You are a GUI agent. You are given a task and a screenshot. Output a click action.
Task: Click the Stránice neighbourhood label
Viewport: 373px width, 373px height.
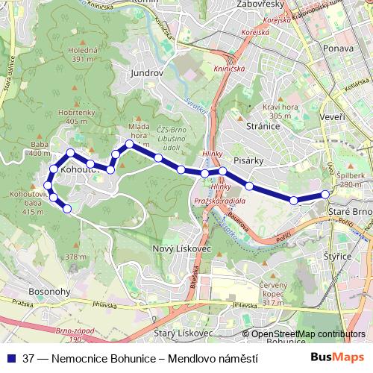click(263, 127)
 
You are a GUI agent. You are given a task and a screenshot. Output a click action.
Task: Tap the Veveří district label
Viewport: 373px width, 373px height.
click(332, 118)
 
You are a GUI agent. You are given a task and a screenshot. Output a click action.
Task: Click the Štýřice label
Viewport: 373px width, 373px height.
click(339, 256)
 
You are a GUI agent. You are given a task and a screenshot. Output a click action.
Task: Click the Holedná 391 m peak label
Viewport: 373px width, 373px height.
click(83, 54)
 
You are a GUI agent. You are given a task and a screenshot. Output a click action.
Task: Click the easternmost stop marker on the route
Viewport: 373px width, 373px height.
click(325, 195)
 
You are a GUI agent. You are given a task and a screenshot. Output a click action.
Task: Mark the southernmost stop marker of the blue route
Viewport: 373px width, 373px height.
click(66, 208)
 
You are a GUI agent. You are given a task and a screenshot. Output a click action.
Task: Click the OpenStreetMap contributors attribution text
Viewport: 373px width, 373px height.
click(308, 334)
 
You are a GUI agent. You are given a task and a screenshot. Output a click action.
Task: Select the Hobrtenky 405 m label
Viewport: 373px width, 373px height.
click(81, 116)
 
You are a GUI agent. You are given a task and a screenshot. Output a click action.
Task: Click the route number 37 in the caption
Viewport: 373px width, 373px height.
click(29, 358)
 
